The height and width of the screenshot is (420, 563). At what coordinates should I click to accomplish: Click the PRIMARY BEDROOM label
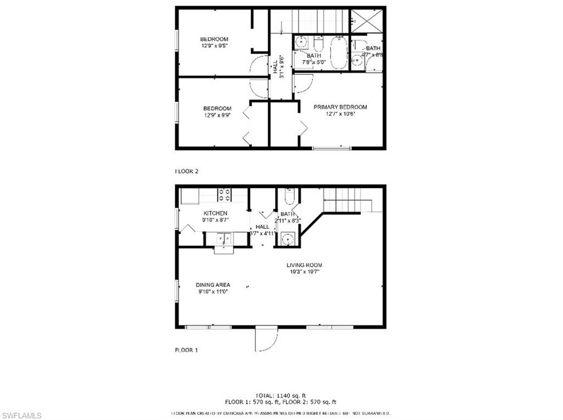point(340,107)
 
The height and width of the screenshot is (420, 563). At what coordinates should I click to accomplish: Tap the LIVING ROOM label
point(304,265)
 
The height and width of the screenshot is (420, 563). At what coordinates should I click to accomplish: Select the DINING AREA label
point(213,285)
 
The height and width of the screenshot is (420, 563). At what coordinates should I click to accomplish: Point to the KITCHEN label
point(216,213)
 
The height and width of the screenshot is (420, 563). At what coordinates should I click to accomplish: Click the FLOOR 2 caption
point(186,171)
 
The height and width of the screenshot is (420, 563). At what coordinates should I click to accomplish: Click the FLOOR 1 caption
point(186,350)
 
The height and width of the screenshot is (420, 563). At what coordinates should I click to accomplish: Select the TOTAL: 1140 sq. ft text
point(280,395)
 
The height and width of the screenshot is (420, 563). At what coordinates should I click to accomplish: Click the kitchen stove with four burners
point(224,195)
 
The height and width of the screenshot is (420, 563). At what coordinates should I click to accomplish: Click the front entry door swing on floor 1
point(266,339)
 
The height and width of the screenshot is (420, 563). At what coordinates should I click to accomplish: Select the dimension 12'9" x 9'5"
point(214,46)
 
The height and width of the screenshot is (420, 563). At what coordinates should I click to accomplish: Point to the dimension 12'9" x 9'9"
point(217,115)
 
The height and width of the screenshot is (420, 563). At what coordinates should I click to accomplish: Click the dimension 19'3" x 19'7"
point(304,272)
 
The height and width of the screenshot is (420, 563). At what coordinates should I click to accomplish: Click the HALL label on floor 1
point(262,226)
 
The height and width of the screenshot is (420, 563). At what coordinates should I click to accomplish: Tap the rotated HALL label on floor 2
point(275,67)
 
